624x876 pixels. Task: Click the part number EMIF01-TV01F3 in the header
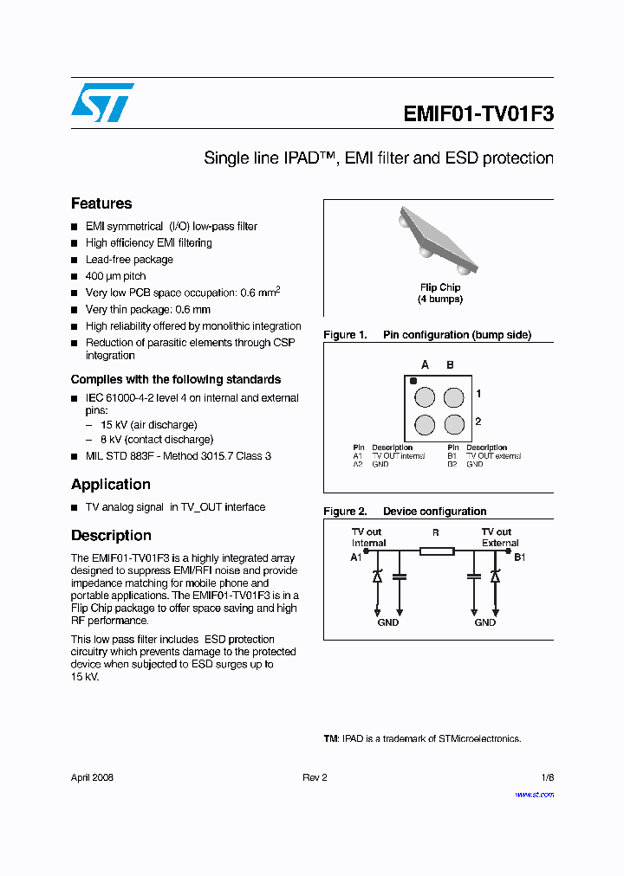tap(478, 114)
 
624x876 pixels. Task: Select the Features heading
tap(101, 203)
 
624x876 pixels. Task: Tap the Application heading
tap(111, 484)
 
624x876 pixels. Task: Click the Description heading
tap(111, 535)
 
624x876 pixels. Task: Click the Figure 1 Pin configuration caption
tap(427, 334)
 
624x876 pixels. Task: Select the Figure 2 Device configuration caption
tap(405, 511)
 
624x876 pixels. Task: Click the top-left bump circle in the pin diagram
tap(425, 397)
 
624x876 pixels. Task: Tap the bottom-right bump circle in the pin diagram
tap(453, 425)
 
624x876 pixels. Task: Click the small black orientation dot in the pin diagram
tap(413, 380)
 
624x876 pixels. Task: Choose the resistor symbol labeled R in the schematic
tap(436, 551)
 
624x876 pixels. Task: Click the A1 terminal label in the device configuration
tap(356, 557)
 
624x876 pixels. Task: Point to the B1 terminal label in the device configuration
tap(519, 557)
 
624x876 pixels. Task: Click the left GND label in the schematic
tap(387, 622)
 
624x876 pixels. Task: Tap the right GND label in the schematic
tap(484, 622)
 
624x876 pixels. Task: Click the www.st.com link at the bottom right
tap(534, 794)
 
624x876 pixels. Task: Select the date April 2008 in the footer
tap(92, 777)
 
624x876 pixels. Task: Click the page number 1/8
tap(547, 777)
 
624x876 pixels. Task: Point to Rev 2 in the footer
tap(315, 777)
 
